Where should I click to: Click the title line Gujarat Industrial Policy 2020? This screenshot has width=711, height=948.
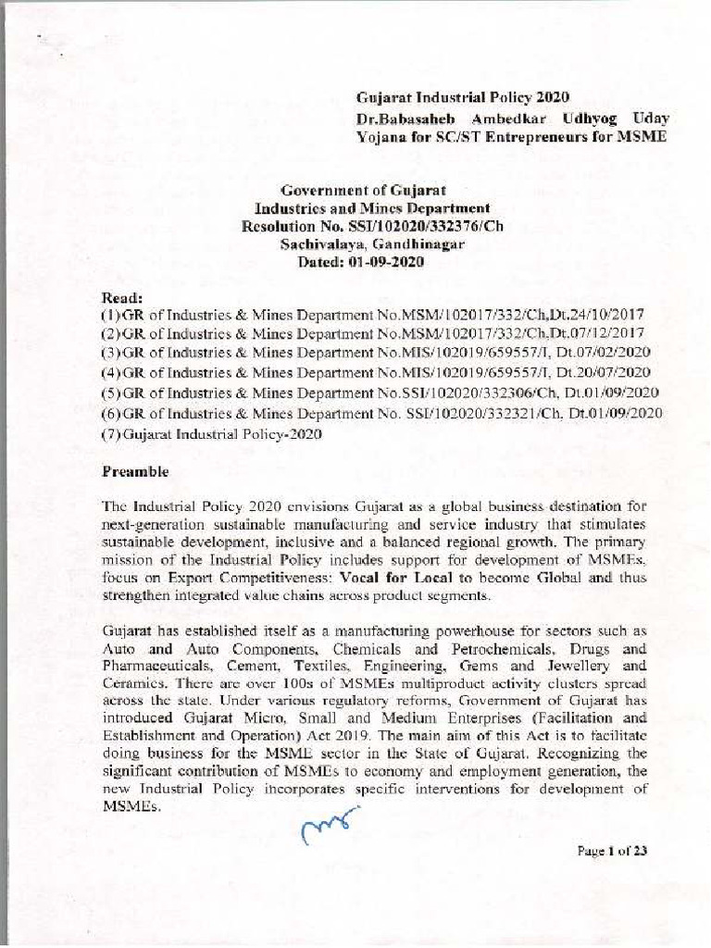pos(464,98)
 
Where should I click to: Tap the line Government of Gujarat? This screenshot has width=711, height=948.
pos(359,191)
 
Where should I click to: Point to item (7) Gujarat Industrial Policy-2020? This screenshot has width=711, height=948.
pos(210,434)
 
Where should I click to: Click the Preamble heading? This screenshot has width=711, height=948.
pos(134,471)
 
